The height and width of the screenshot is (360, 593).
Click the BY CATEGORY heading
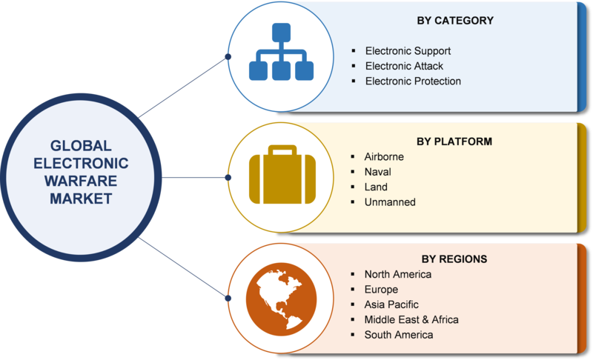(x=455, y=21)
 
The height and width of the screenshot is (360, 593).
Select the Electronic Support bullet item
(x=408, y=51)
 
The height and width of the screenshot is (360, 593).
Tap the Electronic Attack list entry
(x=404, y=66)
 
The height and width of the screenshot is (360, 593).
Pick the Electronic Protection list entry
(x=413, y=81)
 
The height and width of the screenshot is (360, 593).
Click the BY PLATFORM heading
(x=454, y=141)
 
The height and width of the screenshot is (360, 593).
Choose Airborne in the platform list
(x=384, y=157)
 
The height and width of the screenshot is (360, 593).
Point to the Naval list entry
(x=377, y=172)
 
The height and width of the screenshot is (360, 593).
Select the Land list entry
(x=376, y=187)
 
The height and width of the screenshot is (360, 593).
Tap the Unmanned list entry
(x=390, y=202)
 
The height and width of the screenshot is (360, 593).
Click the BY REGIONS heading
(x=454, y=259)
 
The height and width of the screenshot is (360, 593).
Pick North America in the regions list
(x=397, y=274)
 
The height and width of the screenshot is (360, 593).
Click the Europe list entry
(x=381, y=290)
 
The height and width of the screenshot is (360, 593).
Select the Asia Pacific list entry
(x=391, y=304)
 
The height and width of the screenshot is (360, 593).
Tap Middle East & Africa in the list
(x=411, y=319)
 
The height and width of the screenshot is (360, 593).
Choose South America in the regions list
(x=398, y=335)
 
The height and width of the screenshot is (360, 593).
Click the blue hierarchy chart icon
(x=281, y=52)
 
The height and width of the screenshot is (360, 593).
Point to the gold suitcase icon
(x=282, y=175)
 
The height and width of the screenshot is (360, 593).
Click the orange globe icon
(x=282, y=299)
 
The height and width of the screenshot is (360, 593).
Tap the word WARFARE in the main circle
(x=81, y=181)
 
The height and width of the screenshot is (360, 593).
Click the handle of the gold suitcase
(x=282, y=150)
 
